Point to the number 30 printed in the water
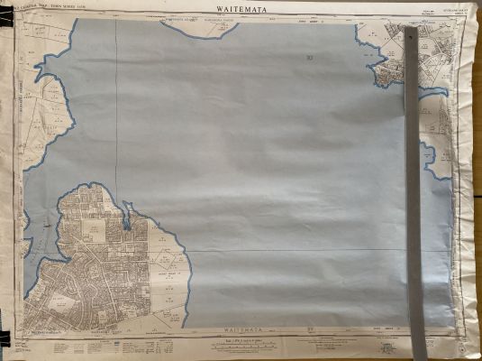(309, 59)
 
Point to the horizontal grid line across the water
(297, 250)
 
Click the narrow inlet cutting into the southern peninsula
(127, 217)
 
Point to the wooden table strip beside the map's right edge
(475, 180)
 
